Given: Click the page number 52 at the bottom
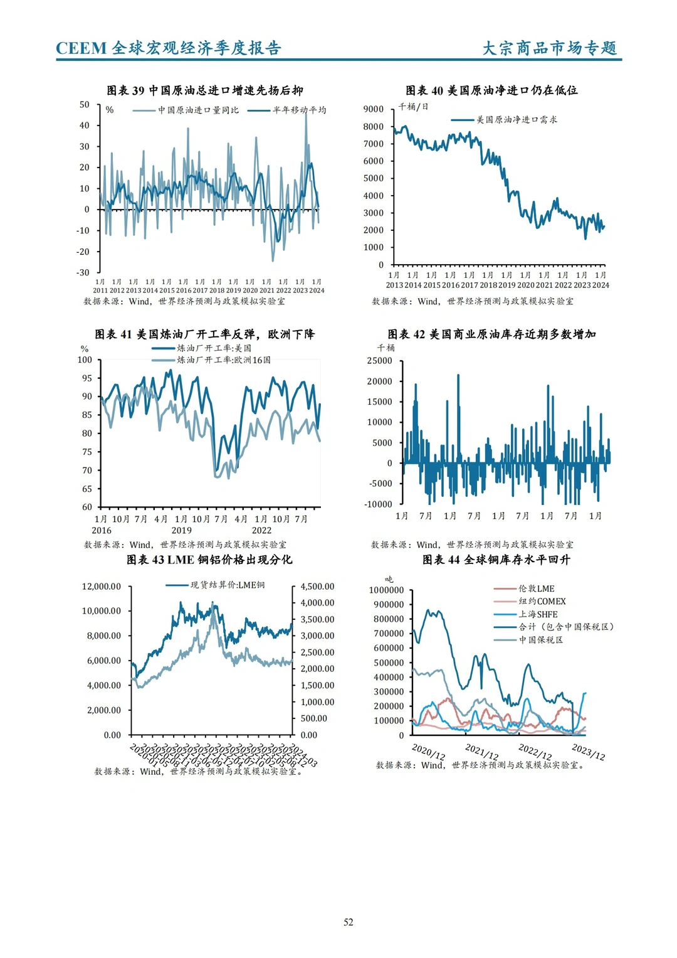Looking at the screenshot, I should (349, 922).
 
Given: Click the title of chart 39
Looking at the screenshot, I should (205, 90).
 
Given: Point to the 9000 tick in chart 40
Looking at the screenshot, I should (373, 109).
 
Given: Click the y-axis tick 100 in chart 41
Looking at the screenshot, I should (85, 359).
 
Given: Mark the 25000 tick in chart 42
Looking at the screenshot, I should (379, 361).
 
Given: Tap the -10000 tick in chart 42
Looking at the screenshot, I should (379, 504).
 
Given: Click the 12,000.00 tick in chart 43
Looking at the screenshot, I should (102, 587).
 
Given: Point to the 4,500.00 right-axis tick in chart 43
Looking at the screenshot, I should (317, 587).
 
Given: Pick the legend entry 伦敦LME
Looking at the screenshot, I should (536, 588).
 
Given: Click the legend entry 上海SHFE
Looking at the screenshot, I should (538, 614).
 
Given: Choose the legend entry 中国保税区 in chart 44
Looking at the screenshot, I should (540, 640).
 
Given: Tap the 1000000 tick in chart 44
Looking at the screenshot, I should (386, 590).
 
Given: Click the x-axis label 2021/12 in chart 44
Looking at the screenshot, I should (481, 751).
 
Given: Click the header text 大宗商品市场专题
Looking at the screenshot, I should (549, 48).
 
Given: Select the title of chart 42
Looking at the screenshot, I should (491, 334).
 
